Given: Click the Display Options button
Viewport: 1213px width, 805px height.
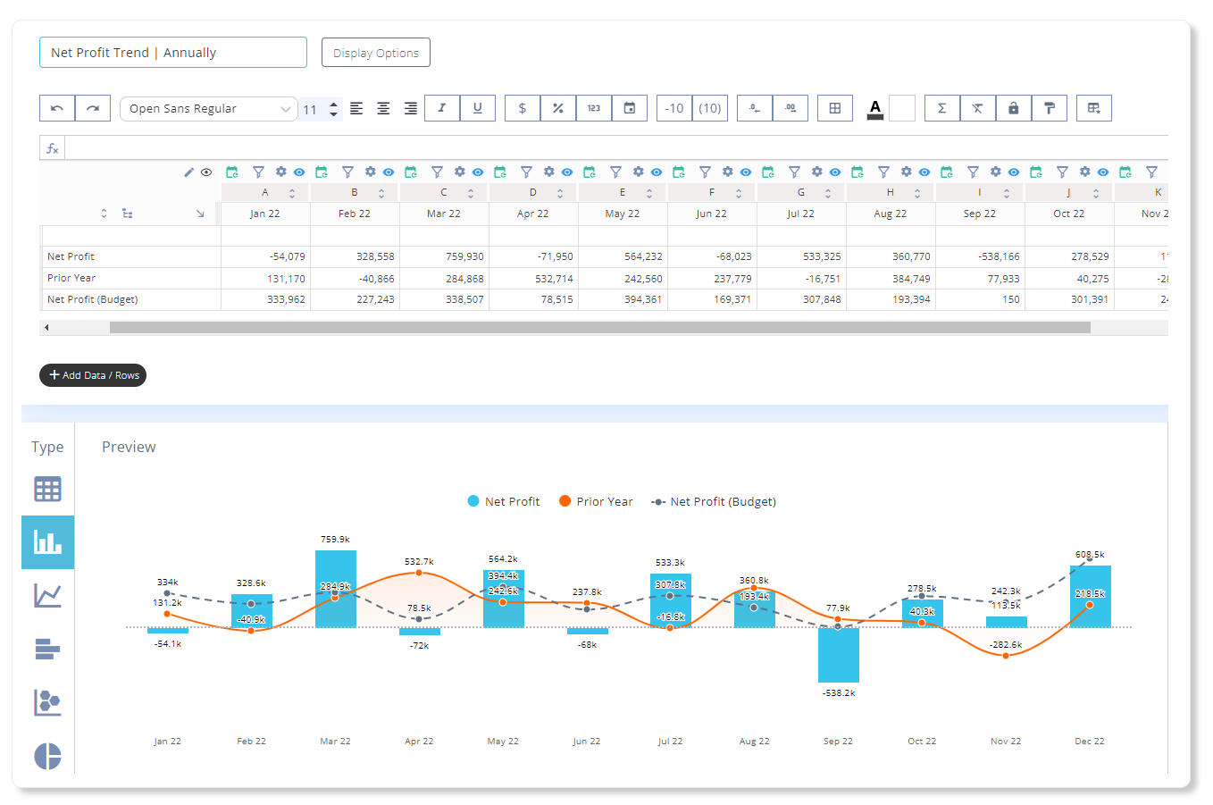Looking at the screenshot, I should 375,53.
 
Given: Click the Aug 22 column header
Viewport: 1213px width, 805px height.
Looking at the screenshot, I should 890,214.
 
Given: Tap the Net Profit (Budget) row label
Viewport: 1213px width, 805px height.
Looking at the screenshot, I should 93,299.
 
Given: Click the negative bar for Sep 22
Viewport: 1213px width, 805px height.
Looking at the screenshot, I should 839,655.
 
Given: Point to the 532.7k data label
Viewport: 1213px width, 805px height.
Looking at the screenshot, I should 419,561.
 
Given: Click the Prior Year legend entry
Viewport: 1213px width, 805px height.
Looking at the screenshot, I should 596,501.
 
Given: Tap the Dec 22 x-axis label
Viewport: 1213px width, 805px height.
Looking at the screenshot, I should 1090,741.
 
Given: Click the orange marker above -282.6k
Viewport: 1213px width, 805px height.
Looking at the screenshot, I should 1006,656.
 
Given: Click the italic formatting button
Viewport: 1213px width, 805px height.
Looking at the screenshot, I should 442,108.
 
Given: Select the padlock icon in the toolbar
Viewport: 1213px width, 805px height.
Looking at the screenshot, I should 1013,108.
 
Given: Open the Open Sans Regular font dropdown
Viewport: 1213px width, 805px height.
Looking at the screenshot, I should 209,108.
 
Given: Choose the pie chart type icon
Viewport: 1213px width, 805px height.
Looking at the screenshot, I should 47,756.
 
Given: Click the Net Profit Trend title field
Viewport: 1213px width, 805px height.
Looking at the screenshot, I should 173,53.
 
